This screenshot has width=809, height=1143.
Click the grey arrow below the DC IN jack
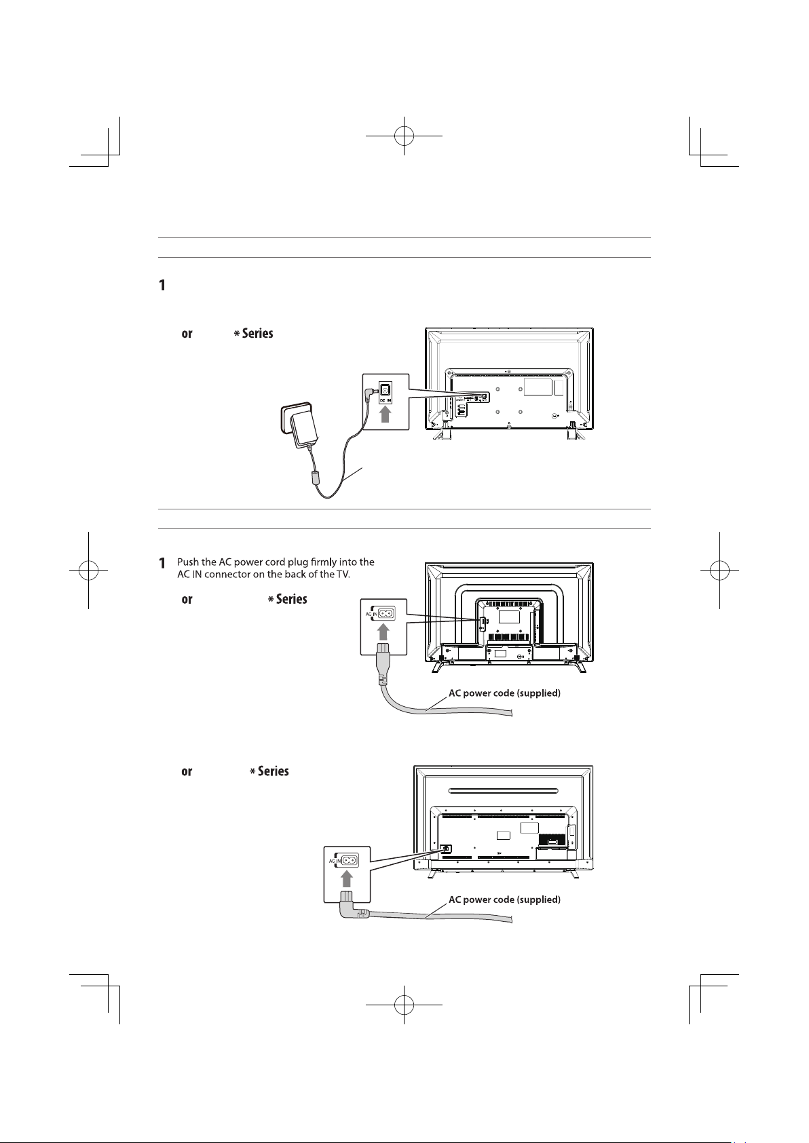coord(386,412)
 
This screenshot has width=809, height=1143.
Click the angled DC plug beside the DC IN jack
coord(371,392)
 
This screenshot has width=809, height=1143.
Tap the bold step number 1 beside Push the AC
coord(163,563)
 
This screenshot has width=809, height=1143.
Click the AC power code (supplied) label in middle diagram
coord(504,694)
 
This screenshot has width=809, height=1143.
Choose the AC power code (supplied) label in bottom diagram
coord(504,900)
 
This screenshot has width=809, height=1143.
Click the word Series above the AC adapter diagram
coord(257,334)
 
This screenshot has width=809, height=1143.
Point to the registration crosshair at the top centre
coord(404,136)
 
